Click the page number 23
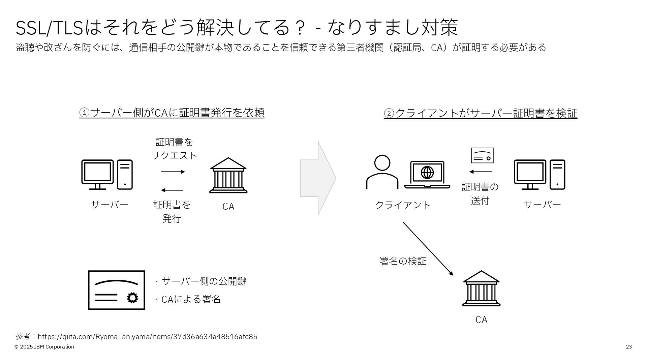coord(628,347)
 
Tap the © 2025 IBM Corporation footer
coord(44,347)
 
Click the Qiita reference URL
coord(147,337)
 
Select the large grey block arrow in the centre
coord(318,178)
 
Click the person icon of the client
coord(382,172)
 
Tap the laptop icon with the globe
coord(427,174)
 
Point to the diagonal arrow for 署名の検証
coord(428,248)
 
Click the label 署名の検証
coord(403,261)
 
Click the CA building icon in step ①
coord(228,175)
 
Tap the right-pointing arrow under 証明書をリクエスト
coord(173,172)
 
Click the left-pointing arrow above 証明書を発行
coord(172,190)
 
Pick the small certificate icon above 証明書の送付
coord(482,155)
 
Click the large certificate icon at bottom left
coord(117,290)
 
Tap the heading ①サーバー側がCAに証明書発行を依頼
coord(172,113)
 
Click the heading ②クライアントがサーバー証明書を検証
coord(480,113)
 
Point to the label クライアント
coord(403,205)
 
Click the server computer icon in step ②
coord(539,175)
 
